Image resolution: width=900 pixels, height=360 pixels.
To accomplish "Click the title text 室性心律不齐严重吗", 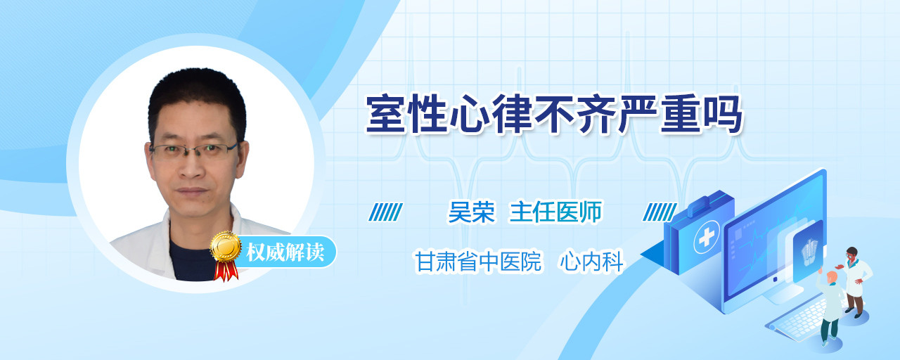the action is (x=555, y=114).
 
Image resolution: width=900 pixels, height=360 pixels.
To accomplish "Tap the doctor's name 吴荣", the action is (x=471, y=212).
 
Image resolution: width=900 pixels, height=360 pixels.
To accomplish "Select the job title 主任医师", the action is (x=555, y=212).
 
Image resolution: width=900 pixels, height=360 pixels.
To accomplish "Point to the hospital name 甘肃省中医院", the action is (x=478, y=261).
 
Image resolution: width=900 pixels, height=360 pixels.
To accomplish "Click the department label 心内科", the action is (x=591, y=261).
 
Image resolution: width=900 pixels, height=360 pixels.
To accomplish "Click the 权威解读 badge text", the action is (x=285, y=252).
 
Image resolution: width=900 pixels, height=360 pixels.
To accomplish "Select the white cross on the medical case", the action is (x=707, y=238).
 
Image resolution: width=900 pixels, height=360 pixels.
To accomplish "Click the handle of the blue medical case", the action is (x=704, y=203).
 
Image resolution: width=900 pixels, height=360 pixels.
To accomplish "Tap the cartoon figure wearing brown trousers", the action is (x=854, y=282).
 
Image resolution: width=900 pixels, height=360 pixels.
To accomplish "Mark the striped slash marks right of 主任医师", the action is (x=660, y=212).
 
